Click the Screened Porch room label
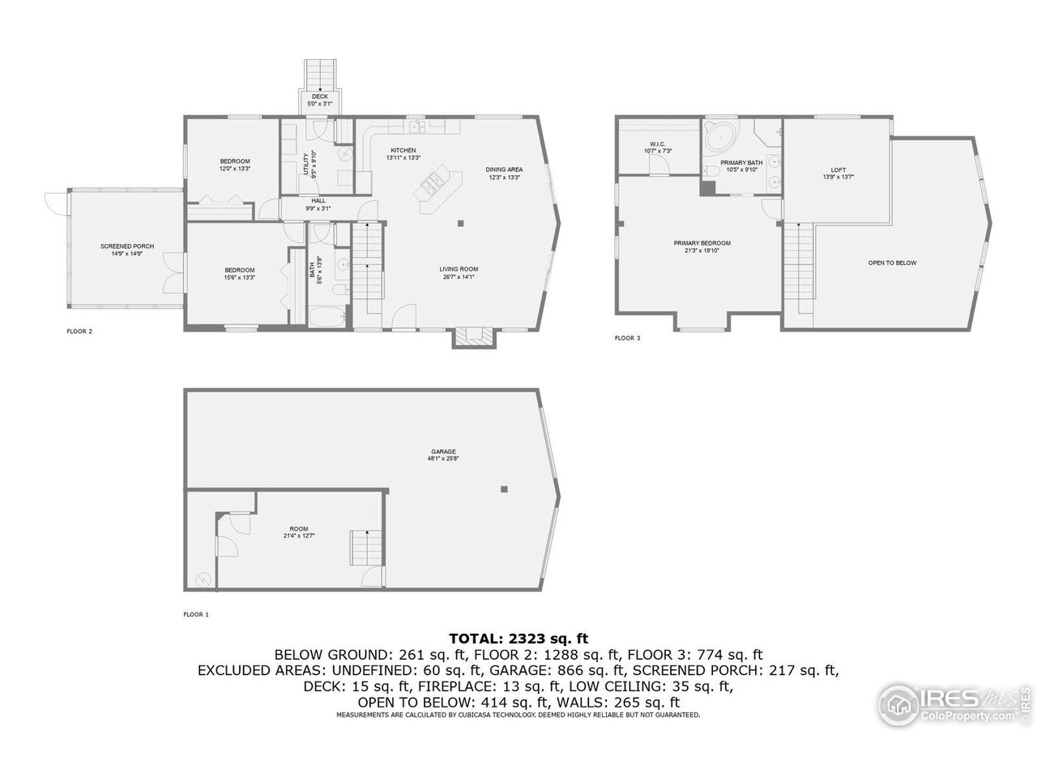tap(127, 246)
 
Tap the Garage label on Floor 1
tap(443, 451)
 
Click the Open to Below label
tap(892, 263)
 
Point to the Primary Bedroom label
tap(702, 243)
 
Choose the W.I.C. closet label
tap(658, 144)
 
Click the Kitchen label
tap(403, 151)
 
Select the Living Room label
tap(459, 269)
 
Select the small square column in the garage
tap(504, 489)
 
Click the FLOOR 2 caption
tap(79, 331)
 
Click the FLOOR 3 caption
tap(627, 338)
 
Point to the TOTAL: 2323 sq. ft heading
tap(518, 639)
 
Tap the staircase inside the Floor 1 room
tap(365, 549)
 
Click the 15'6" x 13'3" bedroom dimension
tap(240, 277)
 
